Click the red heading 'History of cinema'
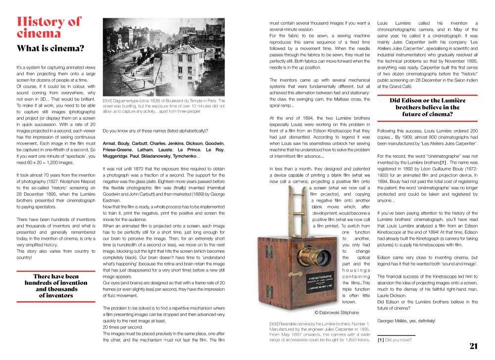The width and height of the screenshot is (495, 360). point(48,27)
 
